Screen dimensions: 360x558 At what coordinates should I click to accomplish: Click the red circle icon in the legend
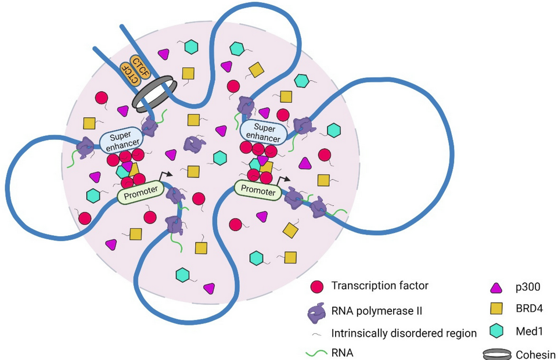click(316, 286)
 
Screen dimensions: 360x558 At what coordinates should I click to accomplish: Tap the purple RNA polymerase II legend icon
click(316, 312)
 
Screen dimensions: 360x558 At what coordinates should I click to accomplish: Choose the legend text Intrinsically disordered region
click(404, 333)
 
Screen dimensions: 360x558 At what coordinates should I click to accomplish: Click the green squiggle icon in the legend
click(317, 352)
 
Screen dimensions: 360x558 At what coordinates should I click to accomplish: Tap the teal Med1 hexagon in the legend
click(496, 330)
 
